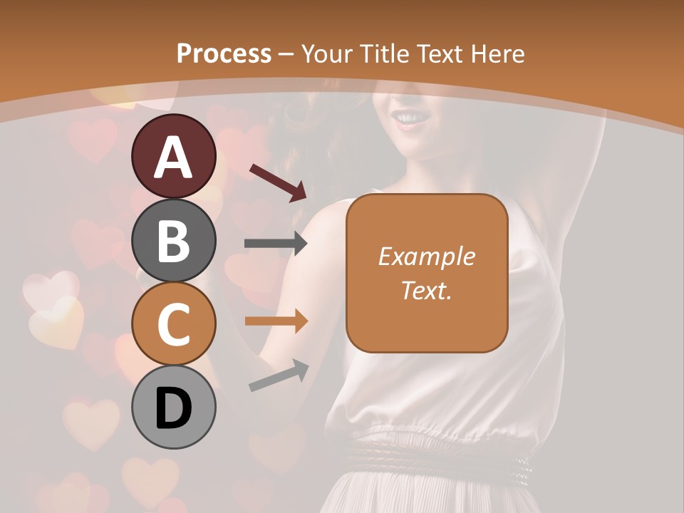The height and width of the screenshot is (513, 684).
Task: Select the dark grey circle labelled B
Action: tap(173, 240)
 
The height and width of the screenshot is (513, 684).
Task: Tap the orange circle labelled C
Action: tap(173, 324)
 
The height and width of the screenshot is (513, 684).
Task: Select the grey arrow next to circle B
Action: tap(276, 244)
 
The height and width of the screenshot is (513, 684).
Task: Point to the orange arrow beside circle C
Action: tap(276, 321)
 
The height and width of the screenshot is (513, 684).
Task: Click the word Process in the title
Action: tap(224, 54)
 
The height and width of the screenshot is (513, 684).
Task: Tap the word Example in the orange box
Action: tap(426, 256)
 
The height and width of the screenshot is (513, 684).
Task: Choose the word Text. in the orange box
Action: tap(426, 290)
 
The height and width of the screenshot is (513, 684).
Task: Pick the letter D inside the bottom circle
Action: tap(173, 410)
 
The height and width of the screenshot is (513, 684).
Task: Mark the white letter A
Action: tap(173, 157)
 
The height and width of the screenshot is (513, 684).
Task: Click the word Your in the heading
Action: tap(326, 54)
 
